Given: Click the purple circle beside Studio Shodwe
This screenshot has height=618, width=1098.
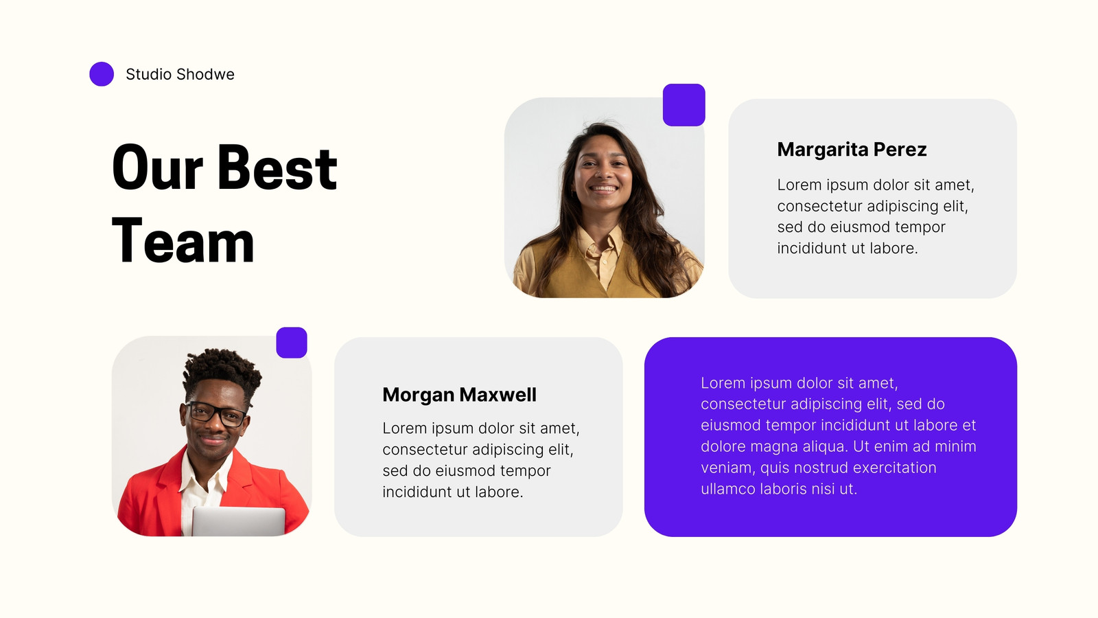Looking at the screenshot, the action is [x=102, y=74].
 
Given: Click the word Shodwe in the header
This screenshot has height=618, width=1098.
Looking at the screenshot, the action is [x=205, y=74].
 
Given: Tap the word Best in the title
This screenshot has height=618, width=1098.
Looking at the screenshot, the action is [x=277, y=168].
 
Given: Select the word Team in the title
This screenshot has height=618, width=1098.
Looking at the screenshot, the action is [x=183, y=241].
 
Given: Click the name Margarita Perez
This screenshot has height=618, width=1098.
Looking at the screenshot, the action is [x=852, y=150].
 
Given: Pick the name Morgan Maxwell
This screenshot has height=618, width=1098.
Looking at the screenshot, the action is [x=459, y=395].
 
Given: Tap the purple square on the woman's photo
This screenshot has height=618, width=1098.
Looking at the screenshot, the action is [x=684, y=105].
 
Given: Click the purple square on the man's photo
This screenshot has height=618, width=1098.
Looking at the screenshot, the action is [x=292, y=343].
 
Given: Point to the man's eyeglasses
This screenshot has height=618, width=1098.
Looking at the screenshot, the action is [x=215, y=413].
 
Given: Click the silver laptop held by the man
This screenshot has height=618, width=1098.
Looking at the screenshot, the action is [x=238, y=522].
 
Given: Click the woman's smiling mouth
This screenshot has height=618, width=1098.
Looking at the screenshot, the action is [x=603, y=188].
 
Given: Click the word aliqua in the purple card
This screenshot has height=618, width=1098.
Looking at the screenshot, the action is [x=825, y=447].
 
